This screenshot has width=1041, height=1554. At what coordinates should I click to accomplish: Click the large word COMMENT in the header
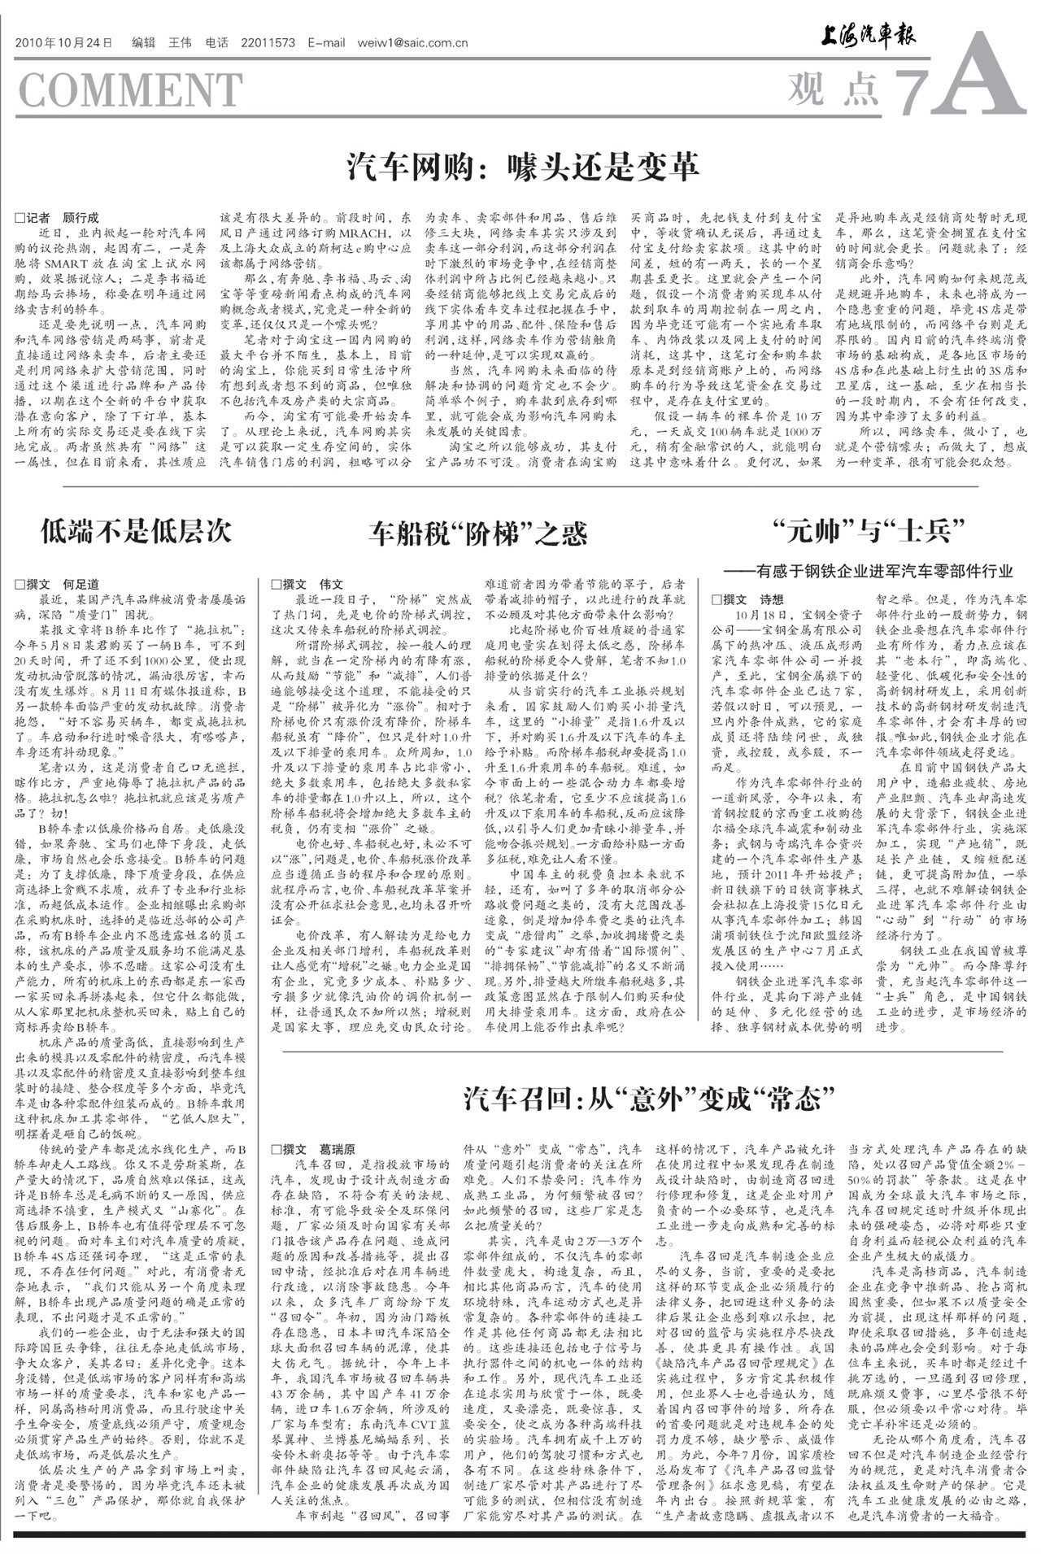[130, 89]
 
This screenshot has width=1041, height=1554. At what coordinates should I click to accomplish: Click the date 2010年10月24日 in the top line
[63, 43]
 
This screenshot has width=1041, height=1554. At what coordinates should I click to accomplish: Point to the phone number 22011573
[268, 43]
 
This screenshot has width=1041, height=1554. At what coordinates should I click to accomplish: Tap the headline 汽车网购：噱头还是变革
[523, 167]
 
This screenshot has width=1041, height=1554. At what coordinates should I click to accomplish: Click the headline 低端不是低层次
[136, 531]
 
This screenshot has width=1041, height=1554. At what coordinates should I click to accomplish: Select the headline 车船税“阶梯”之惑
[477, 533]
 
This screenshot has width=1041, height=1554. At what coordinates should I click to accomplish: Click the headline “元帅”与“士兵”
[869, 531]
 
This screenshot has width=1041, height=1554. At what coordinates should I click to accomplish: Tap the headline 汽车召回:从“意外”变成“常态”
[649, 1099]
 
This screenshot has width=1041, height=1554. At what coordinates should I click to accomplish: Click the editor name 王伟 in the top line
[180, 43]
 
